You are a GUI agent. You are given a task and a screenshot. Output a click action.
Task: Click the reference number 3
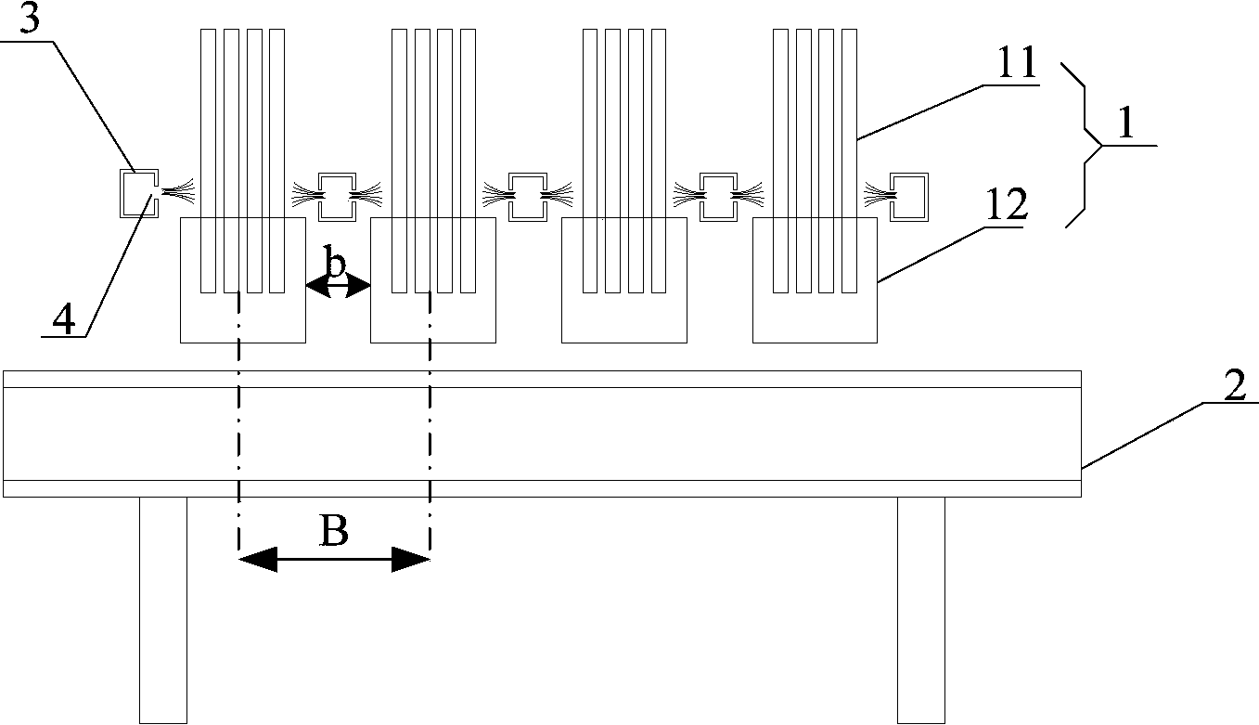[x=29, y=20]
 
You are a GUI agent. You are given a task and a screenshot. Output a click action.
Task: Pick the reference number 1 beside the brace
[x=1126, y=126]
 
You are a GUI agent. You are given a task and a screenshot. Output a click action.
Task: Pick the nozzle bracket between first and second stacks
[x=337, y=196]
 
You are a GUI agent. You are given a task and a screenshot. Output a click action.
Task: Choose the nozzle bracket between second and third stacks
[x=527, y=196]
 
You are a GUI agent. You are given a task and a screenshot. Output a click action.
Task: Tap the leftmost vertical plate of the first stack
[x=208, y=158]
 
